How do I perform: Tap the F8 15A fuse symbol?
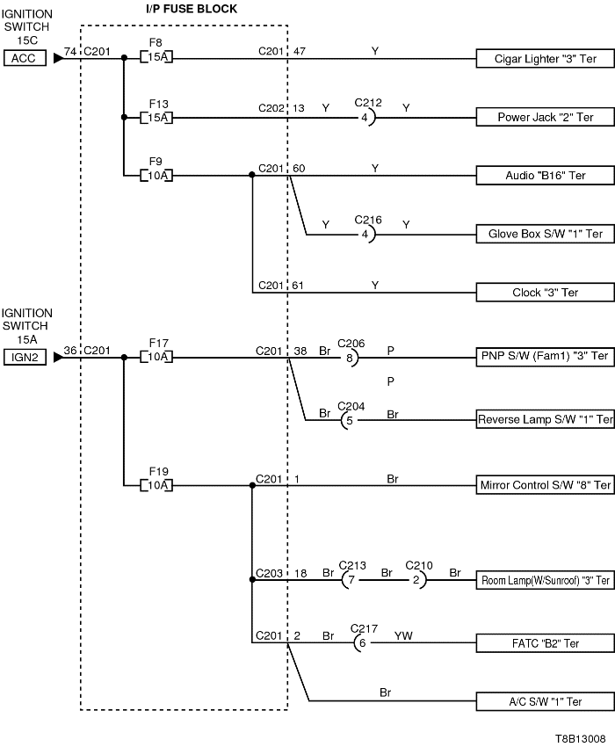coord(158,58)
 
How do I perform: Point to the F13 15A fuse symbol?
coord(158,117)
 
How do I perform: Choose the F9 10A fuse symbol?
coord(158,175)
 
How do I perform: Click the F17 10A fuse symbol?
coord(158,357)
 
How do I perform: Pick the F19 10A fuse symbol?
coord(158,484)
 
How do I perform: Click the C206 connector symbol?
coord(351,357)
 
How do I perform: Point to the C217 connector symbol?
coord(360,643)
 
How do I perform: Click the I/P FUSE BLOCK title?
coord(191,8)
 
